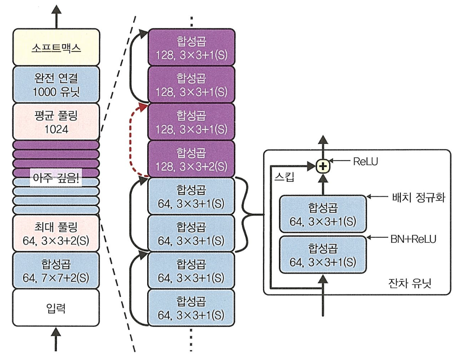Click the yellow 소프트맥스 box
56,47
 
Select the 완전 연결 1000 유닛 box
56,84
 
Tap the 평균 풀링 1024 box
56,122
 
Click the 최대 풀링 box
56,233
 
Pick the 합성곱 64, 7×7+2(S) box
56,271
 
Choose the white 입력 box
56,308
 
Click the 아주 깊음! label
56,178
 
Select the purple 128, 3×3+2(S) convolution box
191,159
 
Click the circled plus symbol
323,166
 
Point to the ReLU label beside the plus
365,162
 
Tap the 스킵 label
284,177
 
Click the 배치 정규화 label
418,197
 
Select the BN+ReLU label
413,239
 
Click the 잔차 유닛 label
409,283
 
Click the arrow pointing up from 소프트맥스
56,17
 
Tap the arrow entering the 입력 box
56,339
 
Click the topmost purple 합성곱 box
191,47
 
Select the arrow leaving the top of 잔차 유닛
323,147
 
